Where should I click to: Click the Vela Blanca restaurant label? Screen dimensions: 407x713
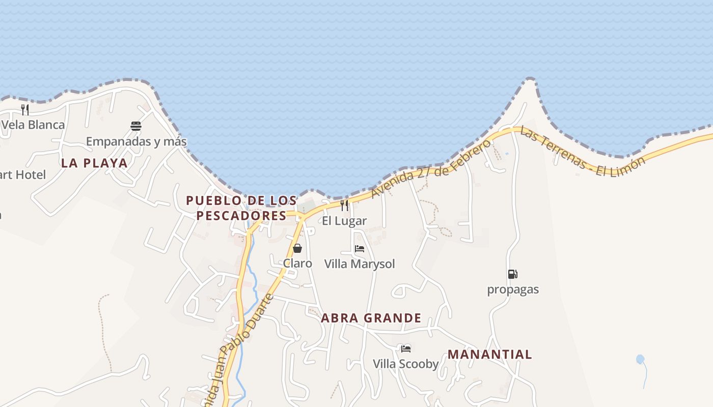point(33,125)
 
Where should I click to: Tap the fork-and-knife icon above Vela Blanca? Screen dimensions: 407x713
point(24,109)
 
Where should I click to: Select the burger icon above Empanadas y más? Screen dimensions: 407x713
point(136,126)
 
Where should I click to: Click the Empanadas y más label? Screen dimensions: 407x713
point(136,141)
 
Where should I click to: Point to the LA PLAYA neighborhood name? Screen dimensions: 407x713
point(94,163)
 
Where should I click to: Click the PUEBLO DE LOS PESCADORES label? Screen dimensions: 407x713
point(241,208)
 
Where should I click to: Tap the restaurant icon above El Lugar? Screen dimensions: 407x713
point(344,206)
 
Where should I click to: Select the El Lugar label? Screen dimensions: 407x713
point(344,221)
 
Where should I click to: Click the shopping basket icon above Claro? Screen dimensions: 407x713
point(297,248)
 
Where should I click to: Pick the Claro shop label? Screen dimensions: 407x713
point(297,264)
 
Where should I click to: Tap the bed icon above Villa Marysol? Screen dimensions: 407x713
point(360,249)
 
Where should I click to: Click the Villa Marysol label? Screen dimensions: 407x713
point(360,264)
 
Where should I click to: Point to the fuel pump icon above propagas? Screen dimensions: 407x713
point(512,274)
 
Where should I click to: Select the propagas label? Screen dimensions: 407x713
point(513,289)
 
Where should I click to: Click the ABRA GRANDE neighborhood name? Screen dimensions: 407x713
point(371,318)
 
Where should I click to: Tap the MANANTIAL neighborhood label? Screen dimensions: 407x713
point(490,355)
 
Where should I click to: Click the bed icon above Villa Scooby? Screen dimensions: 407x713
point(406,348)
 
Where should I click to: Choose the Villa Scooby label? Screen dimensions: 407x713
point(406,364)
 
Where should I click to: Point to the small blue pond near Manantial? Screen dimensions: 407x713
point(640,359)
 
